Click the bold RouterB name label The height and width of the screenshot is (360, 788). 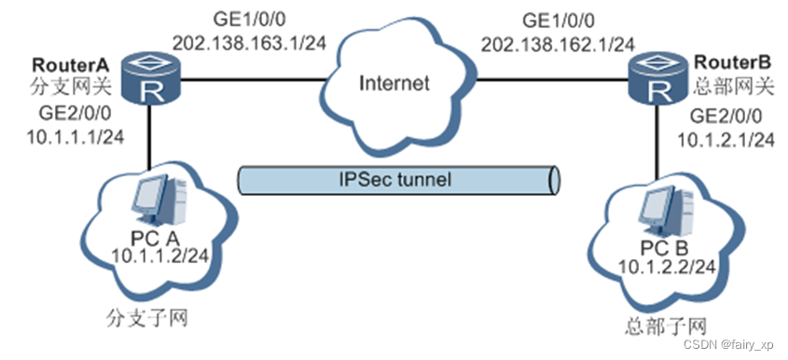pyautogui.click(x=731, y=67)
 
